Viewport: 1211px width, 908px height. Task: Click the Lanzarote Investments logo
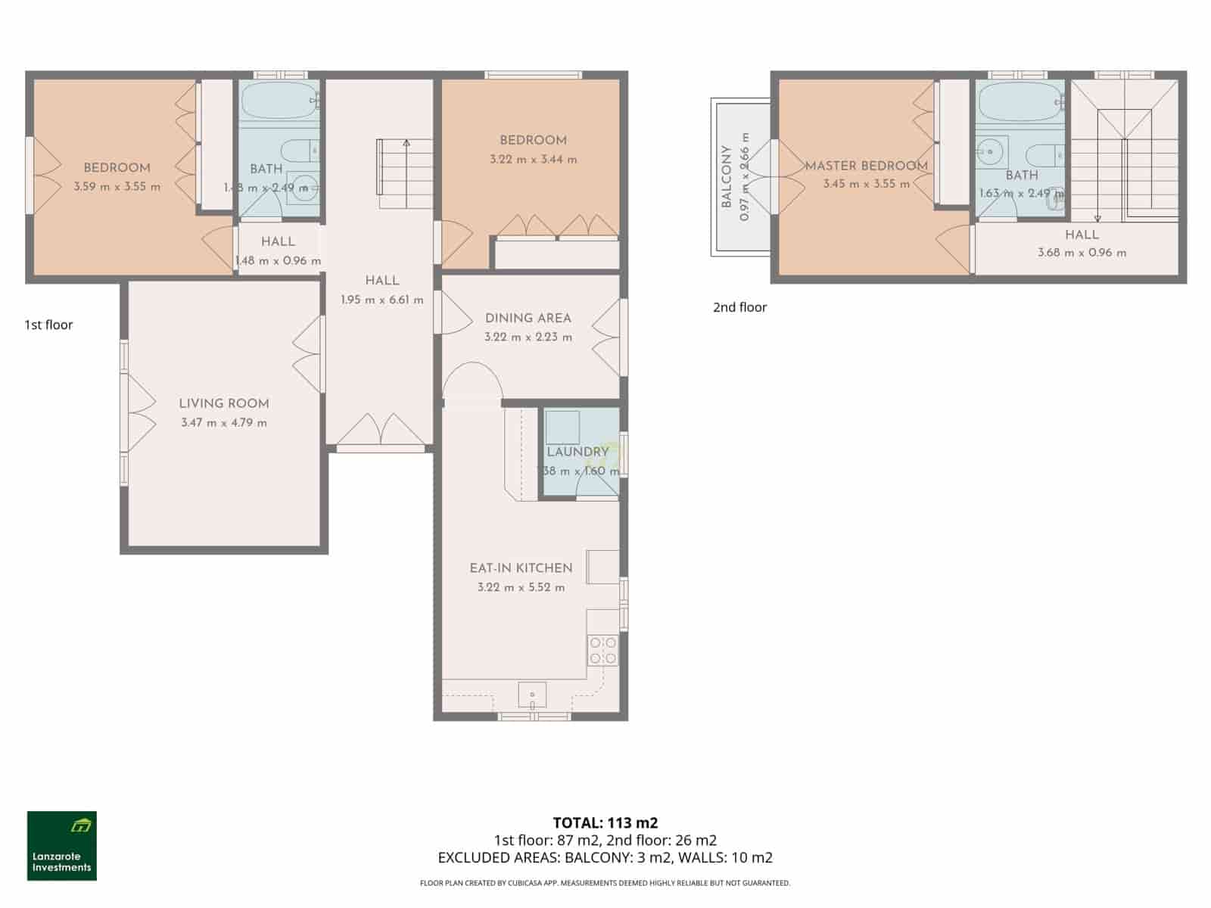pos(61,845)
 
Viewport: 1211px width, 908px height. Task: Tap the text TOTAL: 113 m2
pos(605,822)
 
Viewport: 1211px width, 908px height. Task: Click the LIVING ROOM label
pos(224,403)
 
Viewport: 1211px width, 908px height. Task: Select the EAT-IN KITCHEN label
pos(521,567)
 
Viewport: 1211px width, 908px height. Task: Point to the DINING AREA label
pos(528,318)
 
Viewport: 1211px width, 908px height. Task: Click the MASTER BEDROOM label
pos(866,166)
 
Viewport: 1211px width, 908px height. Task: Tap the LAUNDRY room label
pos(577,452)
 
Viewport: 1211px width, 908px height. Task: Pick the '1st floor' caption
pos(48,325)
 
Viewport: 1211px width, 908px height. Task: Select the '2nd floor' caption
pos(739,307)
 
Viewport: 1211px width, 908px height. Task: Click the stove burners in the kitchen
pos(603,651)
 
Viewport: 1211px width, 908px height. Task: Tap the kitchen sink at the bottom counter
pos(533,694)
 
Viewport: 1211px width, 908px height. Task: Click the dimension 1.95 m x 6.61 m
pos(381,300)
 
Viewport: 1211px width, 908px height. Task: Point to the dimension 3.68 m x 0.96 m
pos(1082,253)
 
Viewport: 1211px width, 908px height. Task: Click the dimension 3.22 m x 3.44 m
pos(533,160)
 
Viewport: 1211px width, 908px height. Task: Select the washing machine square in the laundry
pos(562,428)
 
